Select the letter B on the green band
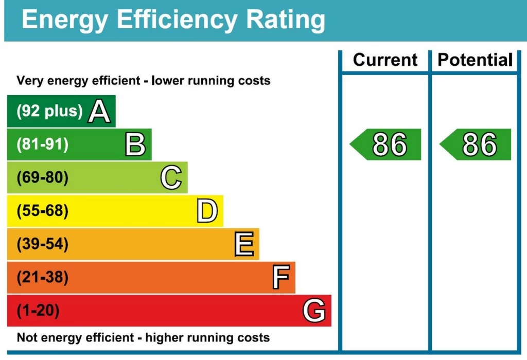tap(135, 145)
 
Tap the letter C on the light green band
tap(171, 178)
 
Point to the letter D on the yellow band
tap(207, 211)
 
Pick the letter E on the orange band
tap(244, 244)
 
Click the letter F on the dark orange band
tap(280, 278)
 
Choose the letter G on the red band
tap(314, 311)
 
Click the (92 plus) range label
tap(49, 111)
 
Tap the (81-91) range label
tap(42, 145)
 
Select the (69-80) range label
tap(42, 178)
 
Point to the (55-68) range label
tap(42, 211)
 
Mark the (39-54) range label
tap(42, 244)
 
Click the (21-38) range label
tap(42, 278)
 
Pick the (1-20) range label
tap(38, 311)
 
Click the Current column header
tap(385, 60)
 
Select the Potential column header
tap(475, 60)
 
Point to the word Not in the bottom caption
tap(28, 338)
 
